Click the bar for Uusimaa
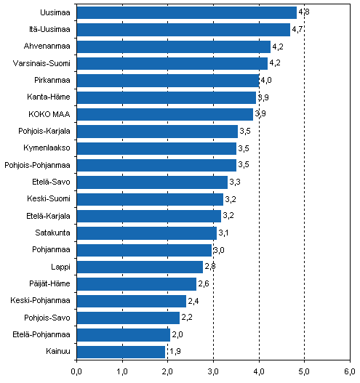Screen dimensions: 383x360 (186, 12)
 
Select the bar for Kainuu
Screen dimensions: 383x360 (121, 352)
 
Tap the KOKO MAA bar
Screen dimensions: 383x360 (164, 114)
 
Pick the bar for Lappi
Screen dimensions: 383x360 (140, 267)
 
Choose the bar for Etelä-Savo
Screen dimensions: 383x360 (152, 182)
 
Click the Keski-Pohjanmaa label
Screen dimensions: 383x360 (41, 301)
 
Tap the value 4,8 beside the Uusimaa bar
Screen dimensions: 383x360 (303, 12)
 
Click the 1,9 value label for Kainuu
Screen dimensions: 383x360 (174, 352)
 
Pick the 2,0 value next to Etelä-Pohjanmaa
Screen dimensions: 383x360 (177, 335)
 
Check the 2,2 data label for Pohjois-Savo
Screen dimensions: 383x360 (186, 318)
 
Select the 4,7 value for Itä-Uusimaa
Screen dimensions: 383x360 (297, 30)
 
